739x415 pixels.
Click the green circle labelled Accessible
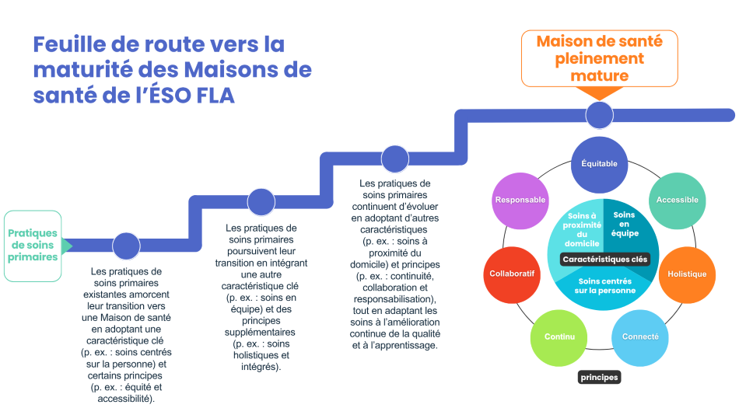tap(677, 201)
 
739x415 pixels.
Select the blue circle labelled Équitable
tap(600, 164)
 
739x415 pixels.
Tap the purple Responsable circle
tap(520, 201)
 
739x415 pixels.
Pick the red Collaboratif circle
tap(511, 274)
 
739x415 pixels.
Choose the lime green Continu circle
tap(559, 337)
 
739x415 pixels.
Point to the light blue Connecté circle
tap(640, 337)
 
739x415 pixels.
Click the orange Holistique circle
tap(687, 274)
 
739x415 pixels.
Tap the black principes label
tap(599, 378)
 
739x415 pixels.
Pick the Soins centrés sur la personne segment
tap(605, 286)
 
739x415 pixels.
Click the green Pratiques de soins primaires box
tap(33, 246)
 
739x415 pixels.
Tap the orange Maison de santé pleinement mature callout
tap(599, 58)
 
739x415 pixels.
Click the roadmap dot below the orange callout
tap(598, 115)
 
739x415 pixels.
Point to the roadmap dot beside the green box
tap(126, 246)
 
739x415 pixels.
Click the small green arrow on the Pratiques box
tap(67, 246)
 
